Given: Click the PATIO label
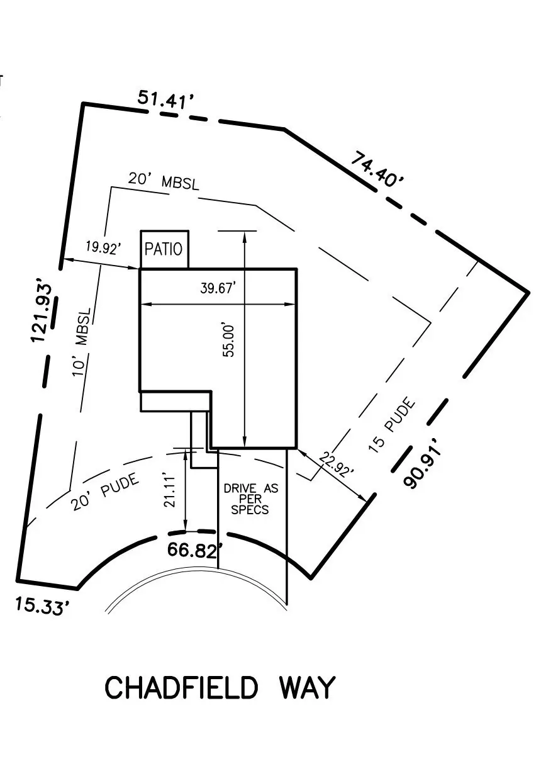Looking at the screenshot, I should tap(164, 249).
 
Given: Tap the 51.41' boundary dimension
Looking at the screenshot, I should tap(165, 100).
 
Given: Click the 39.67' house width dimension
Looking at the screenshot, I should tap(218, 289).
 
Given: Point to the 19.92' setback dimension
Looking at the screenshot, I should tap(102, 247).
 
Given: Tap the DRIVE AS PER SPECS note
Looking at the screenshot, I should tap(250, 499).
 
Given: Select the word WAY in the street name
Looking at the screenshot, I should tap(306, 688).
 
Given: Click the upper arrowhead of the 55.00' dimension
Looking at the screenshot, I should tap(244, 234).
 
